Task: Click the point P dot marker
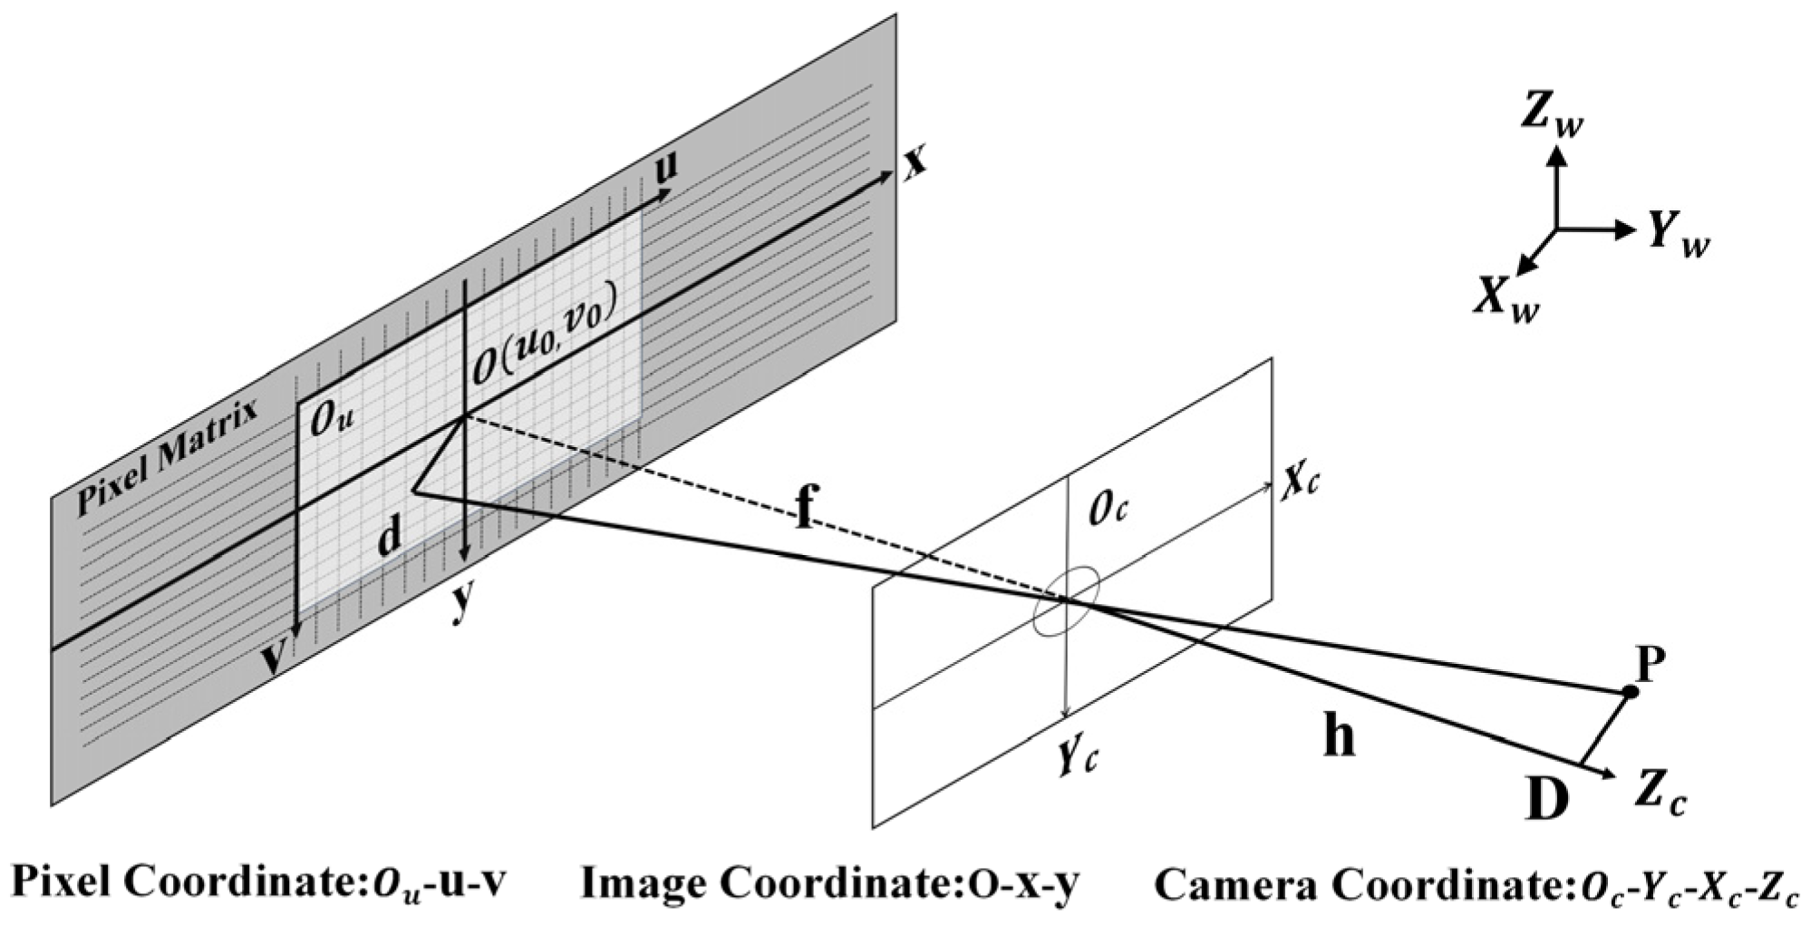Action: pyautogui.click(x=1630, y=692)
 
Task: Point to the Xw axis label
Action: pyautogui.click(x=1505, y=298)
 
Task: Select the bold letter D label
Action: pyautogui.click(x=1546, y=798)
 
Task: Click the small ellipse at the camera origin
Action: pyautogui.click(x=1067, y=602)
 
